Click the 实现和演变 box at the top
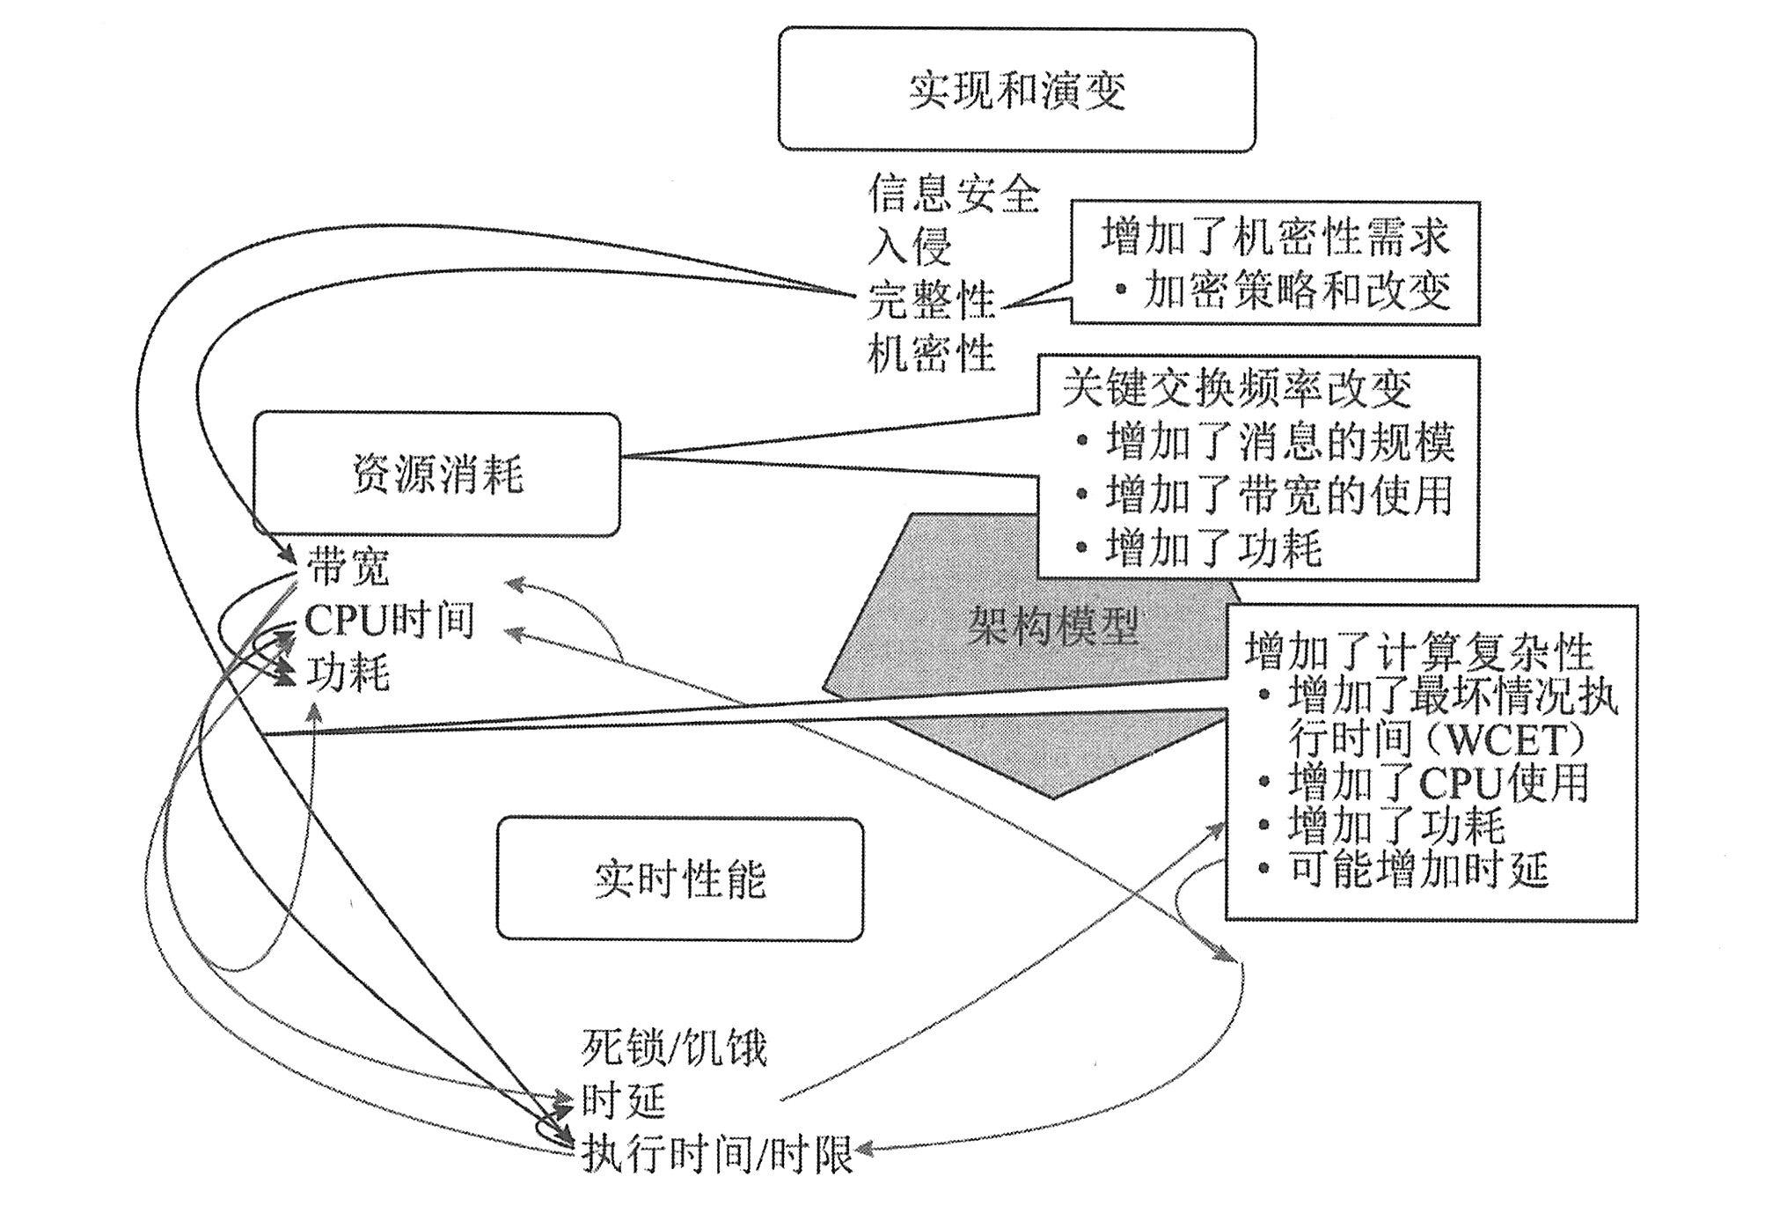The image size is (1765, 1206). tap(1016, 90)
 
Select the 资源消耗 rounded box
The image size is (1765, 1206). tap(436, 474)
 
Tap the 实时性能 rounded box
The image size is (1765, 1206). tap(679, 879)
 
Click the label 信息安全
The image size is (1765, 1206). tap(953, 193)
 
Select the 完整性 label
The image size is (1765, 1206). tap(931, 300)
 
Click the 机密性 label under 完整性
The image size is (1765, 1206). tap(931, 353)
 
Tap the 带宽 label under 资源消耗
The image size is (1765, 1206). tap(348, 568)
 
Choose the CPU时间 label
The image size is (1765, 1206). tap(389, 621)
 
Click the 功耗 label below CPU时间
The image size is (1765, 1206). tap(348, 674)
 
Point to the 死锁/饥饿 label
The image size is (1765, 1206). tap(674, 1048)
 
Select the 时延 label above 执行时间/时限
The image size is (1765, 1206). tap(623, 1100)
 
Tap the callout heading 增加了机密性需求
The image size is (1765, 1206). tap(1275, 236)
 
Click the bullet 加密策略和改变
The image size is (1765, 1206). tap(1296, 290)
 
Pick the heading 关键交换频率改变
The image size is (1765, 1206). tap(1237, 388)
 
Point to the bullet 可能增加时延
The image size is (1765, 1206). tap(1417, 871)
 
